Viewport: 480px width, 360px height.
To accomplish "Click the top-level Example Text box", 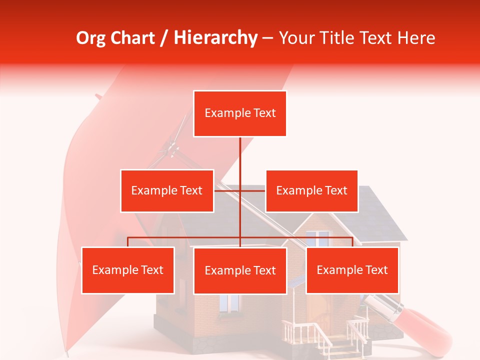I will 240,113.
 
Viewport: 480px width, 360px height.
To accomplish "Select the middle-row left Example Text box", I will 167,190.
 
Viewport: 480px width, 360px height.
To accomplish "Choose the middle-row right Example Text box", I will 311,190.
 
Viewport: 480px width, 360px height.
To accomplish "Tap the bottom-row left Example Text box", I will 128,270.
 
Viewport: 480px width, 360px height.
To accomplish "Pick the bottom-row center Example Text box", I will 240,270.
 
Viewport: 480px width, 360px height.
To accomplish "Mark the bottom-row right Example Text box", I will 352,270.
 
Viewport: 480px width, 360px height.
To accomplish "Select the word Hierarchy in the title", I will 215,38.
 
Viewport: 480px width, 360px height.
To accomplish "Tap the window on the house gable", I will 317,238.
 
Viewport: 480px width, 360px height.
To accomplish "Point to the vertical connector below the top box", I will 240,160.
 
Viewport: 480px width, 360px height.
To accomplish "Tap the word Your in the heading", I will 297,38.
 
